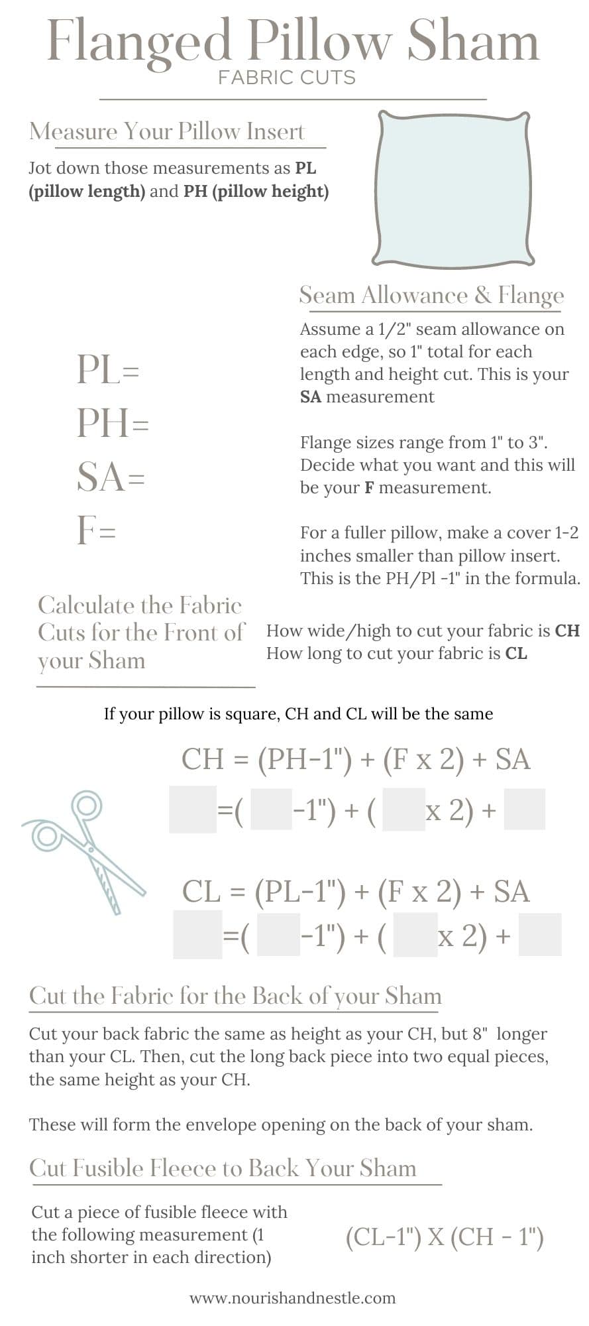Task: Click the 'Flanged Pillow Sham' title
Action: click(293, 41)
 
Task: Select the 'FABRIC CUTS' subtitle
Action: click(287, 78)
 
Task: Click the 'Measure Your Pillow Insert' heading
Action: click(167, 131)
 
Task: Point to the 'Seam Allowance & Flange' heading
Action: click(431, 295)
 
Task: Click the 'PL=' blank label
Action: click(108, 369)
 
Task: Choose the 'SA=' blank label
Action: click(110, 477)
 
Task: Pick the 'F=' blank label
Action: click(97, 530)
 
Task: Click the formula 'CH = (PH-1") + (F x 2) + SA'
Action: click(356, 759)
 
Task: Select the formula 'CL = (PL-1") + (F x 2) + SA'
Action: click(356, 892)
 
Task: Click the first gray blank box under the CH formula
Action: click(193, 810)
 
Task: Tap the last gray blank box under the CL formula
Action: click(539, 934)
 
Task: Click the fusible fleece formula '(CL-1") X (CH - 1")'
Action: click(445, 1237)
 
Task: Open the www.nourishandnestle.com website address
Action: click(292, 1298)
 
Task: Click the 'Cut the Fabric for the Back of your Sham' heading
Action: click(235, 996)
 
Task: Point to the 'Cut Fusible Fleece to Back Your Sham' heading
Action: click(223, 1168)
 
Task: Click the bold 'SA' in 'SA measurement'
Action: click(310, 397)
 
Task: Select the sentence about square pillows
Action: click(298, 714)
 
